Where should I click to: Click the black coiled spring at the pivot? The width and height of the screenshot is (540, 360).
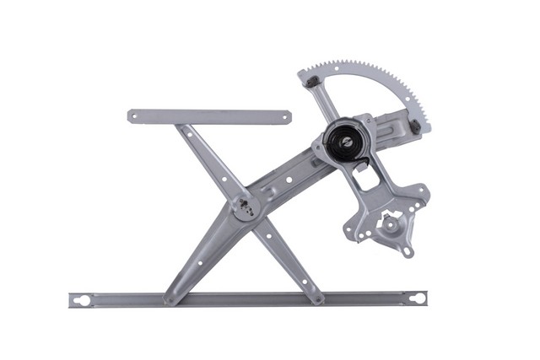pos(343,143)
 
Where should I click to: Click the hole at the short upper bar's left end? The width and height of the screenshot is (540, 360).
pos(136,116)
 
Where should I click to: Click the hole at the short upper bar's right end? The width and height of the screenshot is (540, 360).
pos(283,117)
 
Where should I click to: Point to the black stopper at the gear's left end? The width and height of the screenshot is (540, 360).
pos(311,82)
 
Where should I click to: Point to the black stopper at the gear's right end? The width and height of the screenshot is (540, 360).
pos(414,127)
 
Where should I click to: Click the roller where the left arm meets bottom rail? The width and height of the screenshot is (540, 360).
pos(170,298)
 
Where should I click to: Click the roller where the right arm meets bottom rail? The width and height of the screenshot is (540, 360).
pos(318,298)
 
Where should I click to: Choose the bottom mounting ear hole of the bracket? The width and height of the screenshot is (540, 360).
pos(407,250)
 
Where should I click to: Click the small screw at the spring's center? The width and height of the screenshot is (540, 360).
pos(343,143)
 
